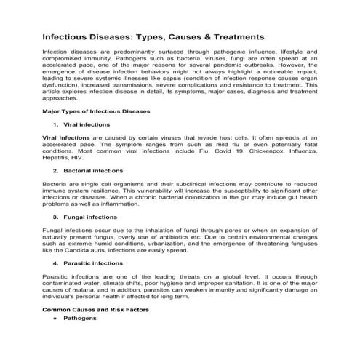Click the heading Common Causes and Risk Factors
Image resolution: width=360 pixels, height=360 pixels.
pos(95,309)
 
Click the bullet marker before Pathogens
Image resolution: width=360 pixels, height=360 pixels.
pos(55,319)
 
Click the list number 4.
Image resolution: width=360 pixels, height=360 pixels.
pos(57,263)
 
